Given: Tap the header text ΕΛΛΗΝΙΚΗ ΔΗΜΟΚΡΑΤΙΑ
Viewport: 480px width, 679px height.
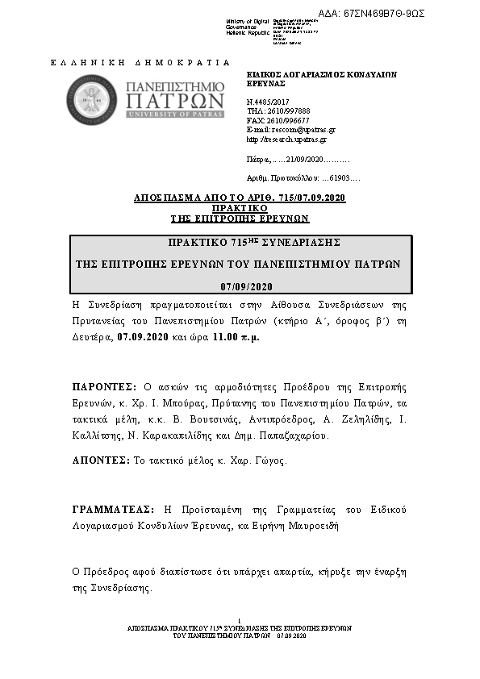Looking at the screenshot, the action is click(140, 63).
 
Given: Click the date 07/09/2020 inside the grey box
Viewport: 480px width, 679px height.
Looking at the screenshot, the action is click(247, 286).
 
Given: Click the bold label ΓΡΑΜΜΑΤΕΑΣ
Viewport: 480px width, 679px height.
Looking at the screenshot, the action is click(112, 510).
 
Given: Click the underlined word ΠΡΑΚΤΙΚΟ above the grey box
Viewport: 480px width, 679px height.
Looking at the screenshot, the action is click(240, 208).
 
